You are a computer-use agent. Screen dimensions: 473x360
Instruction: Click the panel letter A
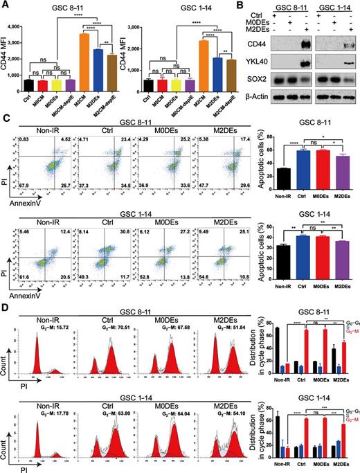5,6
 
